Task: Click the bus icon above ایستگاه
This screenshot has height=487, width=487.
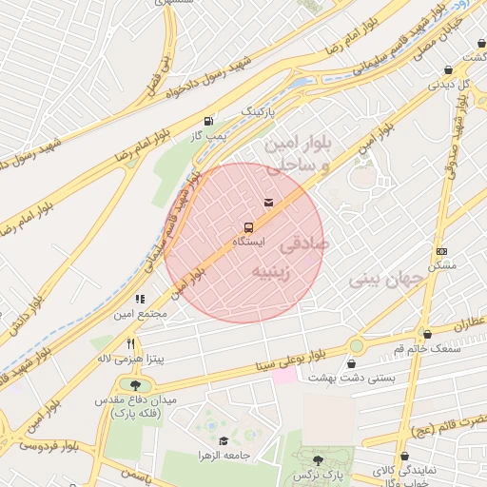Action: click(x=248, y=227)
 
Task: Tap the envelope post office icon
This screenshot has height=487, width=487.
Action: click(x=269, y=202)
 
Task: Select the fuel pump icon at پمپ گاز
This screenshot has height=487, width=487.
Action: click(x=208, y=121)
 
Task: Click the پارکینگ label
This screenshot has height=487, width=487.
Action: click(x=261, y=111)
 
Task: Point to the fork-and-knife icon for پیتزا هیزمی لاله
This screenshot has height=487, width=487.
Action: click(x=131, y=343)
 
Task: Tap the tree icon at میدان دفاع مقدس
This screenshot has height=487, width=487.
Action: click(x=135, y=385)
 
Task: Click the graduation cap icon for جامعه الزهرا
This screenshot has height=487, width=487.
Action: click(x=224, y=440)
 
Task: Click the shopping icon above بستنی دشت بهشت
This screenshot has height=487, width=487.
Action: click(x=352, y=363)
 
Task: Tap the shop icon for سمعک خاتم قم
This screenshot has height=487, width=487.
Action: click(x=427, y=335)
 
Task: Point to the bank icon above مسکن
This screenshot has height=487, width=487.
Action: click(x=441, y=251)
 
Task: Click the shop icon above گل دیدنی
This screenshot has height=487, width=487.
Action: click(x=448, y=70)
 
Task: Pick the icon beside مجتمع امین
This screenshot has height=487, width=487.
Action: click(x=141, y=299)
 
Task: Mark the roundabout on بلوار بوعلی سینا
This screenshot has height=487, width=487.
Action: click(x=358, y=346)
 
